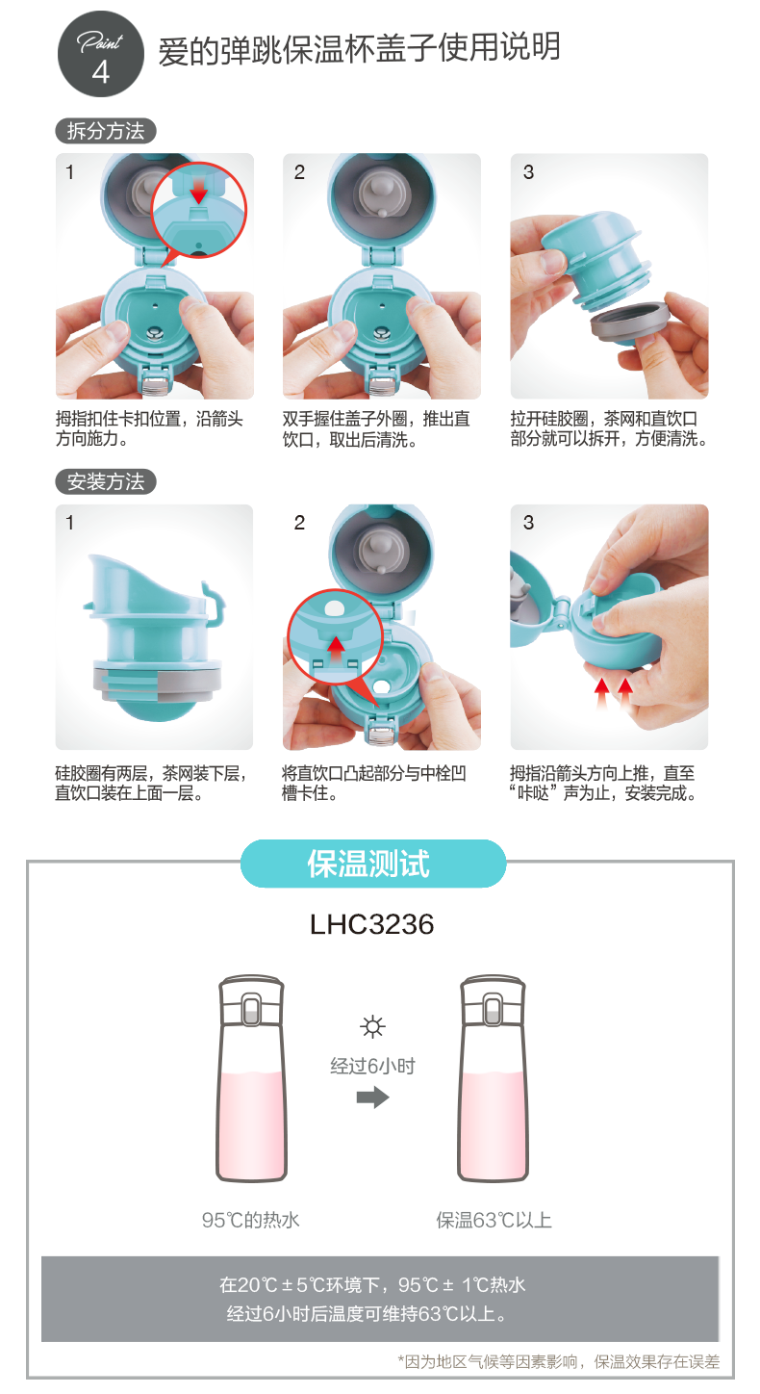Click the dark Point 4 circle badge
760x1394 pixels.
[x=101, y=54]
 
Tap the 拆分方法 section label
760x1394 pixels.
[x=106, y=131]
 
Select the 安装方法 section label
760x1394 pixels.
[x=106, y=481]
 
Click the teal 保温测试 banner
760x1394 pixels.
[x=373, y=864]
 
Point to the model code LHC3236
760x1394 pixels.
[x=372, y=924]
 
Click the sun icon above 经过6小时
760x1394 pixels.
[x=372, y=1026]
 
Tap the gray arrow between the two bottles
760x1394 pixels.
[x=372, y=1097]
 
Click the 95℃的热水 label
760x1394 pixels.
[x=251, y=1220]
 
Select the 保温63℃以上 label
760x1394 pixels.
[x=494, y=1220]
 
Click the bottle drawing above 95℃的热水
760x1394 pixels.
[x=251, y=1078]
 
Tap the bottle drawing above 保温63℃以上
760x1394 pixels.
[x=494, y=1078]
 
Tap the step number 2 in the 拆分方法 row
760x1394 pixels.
[x=299, y=172]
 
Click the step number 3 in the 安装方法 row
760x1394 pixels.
[x=528, y=523]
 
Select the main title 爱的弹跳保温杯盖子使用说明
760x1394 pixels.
[x=360, y=48]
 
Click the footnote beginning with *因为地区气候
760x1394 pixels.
[x=559, y=1361]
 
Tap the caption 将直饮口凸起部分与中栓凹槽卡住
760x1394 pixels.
[x=374, y=783]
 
